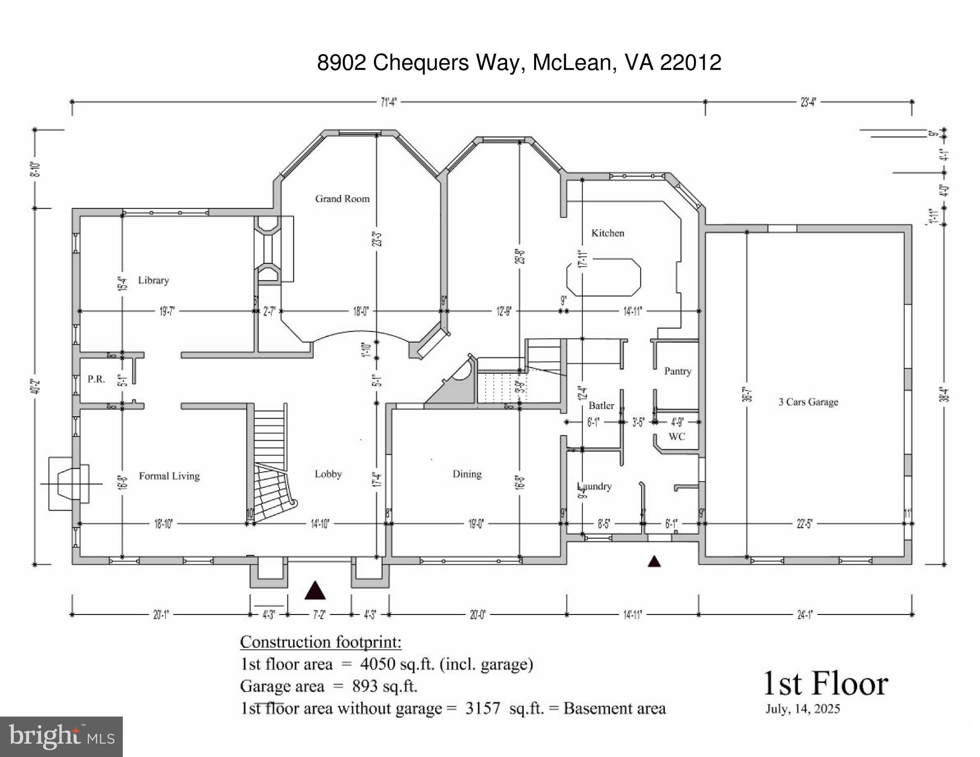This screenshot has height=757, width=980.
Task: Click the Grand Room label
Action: pos(342,199)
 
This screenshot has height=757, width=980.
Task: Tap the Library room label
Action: pos(153,280)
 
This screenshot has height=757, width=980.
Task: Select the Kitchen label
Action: pos(608,233)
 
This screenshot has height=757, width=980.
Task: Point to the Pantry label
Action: pos(677,371)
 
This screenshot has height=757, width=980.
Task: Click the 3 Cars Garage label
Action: pos(808,402)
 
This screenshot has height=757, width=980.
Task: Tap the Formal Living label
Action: pos(169,476)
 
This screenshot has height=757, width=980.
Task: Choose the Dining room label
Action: pos(467,474)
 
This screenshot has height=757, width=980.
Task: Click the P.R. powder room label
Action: pos(96,379)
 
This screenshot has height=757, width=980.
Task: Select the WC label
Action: pos(677,436)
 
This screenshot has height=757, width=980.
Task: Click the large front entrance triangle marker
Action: pos(315,590)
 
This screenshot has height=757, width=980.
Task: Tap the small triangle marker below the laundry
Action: pos(654,561)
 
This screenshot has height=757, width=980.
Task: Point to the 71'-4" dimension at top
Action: pos(389,102)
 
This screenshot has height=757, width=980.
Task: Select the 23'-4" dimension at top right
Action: pos(808,102)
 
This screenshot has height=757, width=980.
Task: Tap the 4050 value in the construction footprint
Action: pos(377,664)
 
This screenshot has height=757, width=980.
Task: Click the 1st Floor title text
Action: pos(825,684)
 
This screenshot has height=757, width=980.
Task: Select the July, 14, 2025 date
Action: pos(802,709)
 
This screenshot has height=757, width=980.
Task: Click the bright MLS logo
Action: pos(61,736)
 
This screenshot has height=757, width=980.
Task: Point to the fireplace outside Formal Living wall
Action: pos(69,483)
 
